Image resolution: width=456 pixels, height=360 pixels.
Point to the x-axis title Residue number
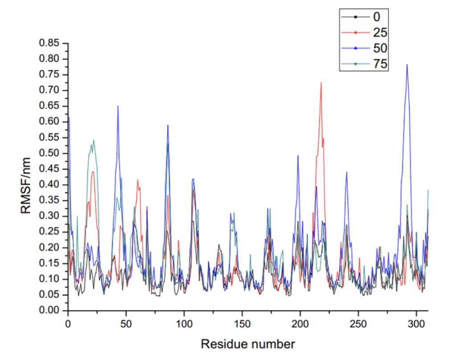point(248,344)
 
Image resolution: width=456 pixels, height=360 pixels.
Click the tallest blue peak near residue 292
point(407,65)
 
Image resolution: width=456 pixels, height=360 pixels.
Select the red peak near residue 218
point(321,83)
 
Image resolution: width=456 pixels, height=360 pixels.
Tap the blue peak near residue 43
point(118,106)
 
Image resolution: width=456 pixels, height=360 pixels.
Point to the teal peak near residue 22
point(94,141)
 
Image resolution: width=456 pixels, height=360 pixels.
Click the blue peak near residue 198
point(298,156)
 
